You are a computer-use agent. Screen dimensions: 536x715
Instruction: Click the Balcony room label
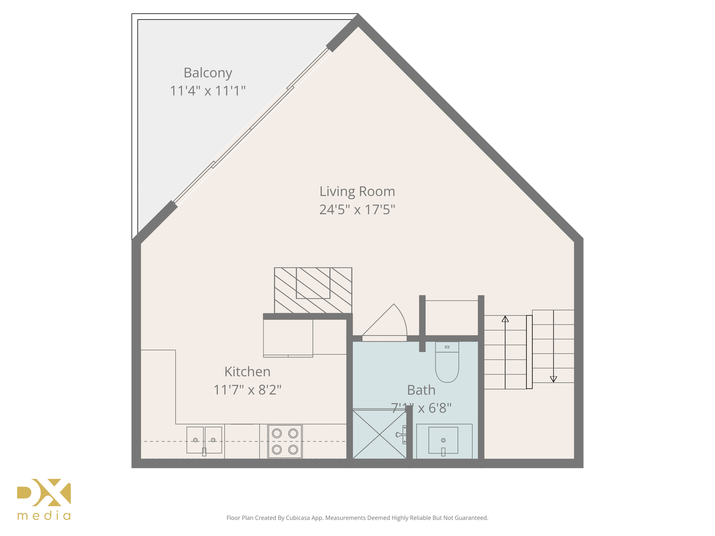208,73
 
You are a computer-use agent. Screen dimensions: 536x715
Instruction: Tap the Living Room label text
357,192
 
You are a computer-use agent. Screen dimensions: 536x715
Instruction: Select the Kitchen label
247,372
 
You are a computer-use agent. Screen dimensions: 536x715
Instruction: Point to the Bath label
421,390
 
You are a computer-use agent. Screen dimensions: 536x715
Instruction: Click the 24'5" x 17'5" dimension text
357,210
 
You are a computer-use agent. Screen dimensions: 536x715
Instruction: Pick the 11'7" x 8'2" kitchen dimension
247,390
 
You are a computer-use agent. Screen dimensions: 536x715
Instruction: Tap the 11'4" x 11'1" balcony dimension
208,91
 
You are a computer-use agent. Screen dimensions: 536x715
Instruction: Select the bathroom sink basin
443,440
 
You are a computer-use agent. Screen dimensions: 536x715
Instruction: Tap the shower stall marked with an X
379,435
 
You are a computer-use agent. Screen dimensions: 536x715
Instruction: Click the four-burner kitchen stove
285,441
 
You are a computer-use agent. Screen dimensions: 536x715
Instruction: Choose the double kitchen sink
204,440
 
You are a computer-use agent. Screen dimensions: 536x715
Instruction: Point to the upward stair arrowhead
505,319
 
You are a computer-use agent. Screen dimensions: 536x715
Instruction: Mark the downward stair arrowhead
553,379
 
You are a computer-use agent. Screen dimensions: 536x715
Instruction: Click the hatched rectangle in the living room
313,290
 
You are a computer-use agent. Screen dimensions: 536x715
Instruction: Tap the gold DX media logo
44,499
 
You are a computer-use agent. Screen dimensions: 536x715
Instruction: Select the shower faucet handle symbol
400,435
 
